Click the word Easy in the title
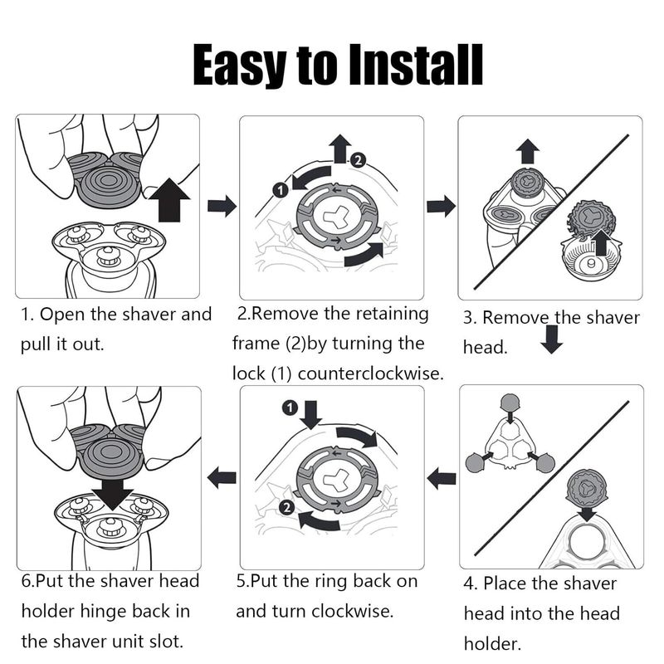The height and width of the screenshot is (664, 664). (239, 66)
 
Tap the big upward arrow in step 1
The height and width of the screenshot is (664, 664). (169, 200)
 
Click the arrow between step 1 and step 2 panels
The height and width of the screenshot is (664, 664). (222, 206)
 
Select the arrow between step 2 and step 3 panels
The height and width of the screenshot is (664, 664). (442, 206)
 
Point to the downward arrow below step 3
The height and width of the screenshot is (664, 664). (551, 339)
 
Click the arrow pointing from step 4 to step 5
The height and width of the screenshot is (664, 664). (442, 479)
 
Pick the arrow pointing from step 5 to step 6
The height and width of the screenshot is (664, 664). (222, 478)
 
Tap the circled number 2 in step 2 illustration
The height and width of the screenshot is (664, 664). (359, 160)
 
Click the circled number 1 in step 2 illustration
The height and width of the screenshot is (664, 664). (281, 190)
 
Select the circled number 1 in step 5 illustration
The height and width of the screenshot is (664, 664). (290, 408)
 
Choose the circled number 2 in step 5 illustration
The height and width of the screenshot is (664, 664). (287, 507)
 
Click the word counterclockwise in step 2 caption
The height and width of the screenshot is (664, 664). (371, 373)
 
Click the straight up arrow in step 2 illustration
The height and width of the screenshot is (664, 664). (340, 149)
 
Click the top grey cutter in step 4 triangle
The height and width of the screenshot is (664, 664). (510, 403)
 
